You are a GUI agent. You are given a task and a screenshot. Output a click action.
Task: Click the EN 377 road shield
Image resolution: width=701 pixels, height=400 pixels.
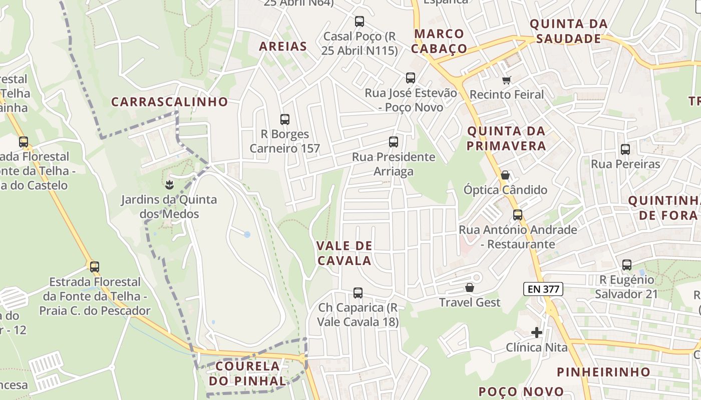pyautogui.click(x=543, y=289)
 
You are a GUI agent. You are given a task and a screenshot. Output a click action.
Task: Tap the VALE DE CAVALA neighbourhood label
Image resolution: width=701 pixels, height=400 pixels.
pyautogui.click(x=344, y=253)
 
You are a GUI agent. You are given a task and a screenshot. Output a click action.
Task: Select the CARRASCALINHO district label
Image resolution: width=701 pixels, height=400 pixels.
pyautogui.click(x=169, y=102)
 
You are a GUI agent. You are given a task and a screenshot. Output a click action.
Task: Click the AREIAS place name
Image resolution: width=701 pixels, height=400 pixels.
pyautogui.click(x=283, y=47)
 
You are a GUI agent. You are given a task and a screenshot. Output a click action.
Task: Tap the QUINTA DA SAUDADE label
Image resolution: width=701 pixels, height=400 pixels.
pyautogui.click(x=568, y=31)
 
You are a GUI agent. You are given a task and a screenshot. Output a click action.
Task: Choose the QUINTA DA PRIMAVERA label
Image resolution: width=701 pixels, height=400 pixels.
pyautogui.click(x=506, y=138)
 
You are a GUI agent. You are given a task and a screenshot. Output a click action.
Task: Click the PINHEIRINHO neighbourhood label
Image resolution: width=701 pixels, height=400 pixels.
pyautogui.click(x=603, y=372)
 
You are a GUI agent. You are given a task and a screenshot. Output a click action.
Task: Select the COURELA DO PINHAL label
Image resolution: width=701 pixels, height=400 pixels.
pyautogui.click(x=247, y=373)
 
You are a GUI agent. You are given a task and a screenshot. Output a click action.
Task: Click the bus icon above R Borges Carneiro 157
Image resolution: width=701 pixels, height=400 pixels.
pyautogui.click(x=285, y=119)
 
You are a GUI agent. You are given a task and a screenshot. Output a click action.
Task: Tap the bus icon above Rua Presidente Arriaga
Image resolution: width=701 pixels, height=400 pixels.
pyautogui.click(x=394, y=142)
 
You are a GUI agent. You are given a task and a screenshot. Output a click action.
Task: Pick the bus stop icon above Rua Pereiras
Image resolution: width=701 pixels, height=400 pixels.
pyautogui.click(x=625, y=149)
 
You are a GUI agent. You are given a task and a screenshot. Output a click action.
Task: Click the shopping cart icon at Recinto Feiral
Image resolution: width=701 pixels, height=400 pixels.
pyautogui.click(x=507, y=80)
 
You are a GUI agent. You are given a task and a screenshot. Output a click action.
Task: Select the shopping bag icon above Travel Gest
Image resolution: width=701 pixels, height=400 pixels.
pyautogui.click(x=469, y=287)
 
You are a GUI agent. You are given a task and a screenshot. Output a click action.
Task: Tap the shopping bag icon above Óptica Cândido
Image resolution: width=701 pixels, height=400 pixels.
pyautogui.click(x=505, y=175)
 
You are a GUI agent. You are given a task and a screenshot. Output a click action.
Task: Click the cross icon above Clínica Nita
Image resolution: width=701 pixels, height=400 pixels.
pyautogui.click(x=537, y=332)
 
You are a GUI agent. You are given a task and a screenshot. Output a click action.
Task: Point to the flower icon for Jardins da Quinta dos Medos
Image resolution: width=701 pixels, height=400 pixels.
pyautogui.click(x=169, y=185)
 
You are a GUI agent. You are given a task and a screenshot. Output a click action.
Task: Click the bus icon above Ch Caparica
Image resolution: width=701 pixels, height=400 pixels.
pyautogui.click(x=358, y=292)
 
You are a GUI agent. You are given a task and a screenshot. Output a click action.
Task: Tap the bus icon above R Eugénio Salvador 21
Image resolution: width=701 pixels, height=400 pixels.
pyautogui.click(x=626, y=265)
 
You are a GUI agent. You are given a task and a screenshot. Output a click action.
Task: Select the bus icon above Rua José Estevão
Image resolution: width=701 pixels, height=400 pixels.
pyautogui.click(x=411, y=78)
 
